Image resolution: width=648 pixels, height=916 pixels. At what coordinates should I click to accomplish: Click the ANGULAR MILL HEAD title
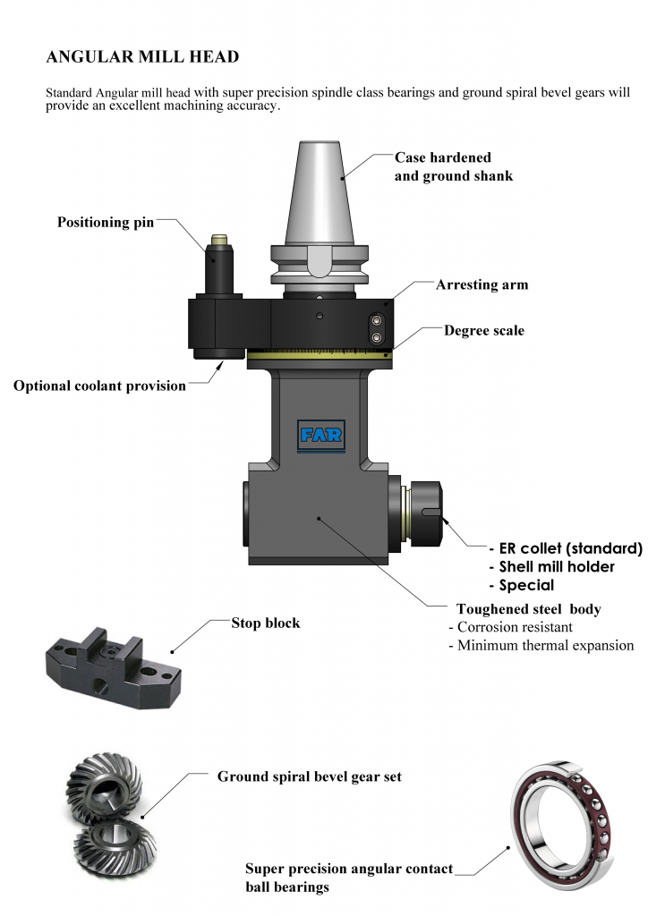(x=142, y=57)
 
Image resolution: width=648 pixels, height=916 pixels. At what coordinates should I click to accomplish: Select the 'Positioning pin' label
(x=106, y=223)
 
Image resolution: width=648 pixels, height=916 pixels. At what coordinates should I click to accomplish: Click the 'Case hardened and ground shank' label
(x=454, y=166)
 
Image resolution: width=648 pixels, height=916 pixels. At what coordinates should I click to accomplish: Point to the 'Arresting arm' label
(x=482, y=285)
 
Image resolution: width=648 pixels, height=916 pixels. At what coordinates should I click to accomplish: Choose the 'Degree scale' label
(x=483, y=331)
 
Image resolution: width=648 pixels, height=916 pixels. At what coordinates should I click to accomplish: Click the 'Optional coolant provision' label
(x=99, y=386)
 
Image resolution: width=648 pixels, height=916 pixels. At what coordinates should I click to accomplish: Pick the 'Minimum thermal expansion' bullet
(x=541, y=646)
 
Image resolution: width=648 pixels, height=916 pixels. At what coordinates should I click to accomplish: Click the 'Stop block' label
(x=266, y=623)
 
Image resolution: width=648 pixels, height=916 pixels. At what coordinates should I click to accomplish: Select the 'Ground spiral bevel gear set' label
(x=310, y=776)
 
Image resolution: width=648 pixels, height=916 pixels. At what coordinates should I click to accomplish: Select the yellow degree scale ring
(x=320, y=355)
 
